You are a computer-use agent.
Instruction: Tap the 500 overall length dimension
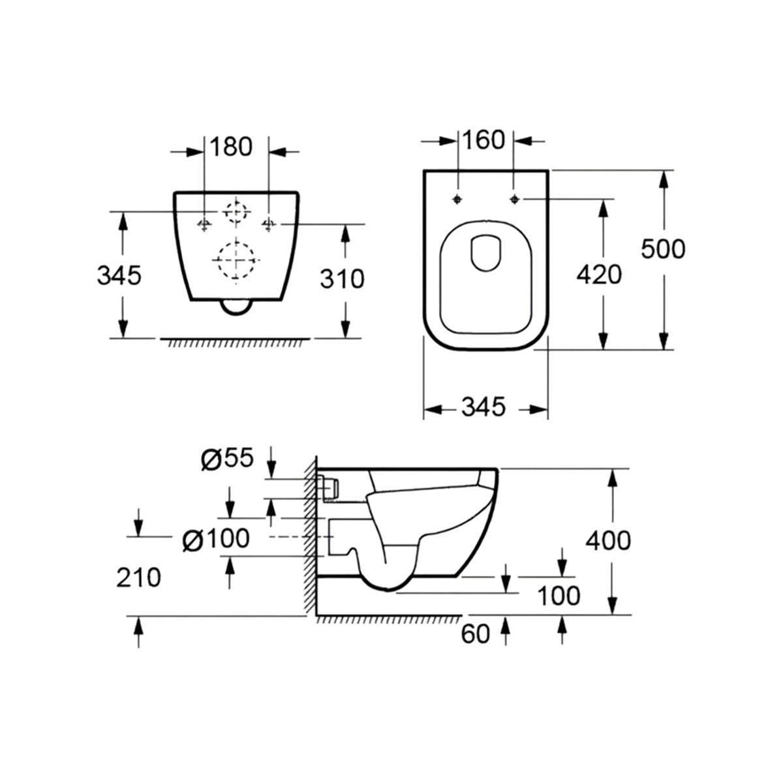tap(663, 249)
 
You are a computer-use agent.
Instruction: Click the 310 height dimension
tap(343, 279)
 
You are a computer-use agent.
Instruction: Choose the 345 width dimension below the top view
tap(484, 407)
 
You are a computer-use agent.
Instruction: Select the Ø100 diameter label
tap(216, 539)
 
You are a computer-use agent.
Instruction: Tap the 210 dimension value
tap(138, 577)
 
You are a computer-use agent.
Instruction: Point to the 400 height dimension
tap(608, 540)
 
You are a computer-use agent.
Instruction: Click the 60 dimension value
tap(475, 634)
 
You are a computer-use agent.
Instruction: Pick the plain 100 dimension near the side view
tap(559, 595)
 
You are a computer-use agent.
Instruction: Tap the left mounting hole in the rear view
tap(204, 224)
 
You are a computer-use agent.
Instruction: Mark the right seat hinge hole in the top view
tap(515, 198)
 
